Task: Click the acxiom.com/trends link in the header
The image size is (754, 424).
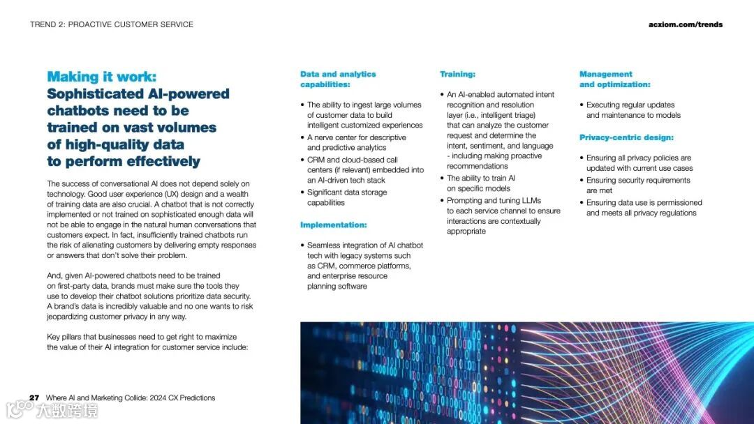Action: pos(685,24)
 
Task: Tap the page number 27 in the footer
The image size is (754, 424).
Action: pos(34,398)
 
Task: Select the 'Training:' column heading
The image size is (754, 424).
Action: pos(457,74)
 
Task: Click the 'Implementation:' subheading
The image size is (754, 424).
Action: pos(333,225)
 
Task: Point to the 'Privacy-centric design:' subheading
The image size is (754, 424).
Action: pos(626,137)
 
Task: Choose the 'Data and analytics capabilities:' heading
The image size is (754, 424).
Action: pos(337,79)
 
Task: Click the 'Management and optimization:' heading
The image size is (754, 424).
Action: pos(614,79)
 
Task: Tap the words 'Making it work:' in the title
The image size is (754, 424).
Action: pos(102,77)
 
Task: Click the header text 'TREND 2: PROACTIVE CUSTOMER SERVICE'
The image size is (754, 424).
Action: pos(112,24)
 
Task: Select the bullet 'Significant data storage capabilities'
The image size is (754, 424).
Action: pos(346,197)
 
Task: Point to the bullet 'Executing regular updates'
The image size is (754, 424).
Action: pos(633,110)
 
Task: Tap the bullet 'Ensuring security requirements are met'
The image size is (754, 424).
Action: pos(637,185)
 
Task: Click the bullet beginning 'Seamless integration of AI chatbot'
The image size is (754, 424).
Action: pos(364,266)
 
